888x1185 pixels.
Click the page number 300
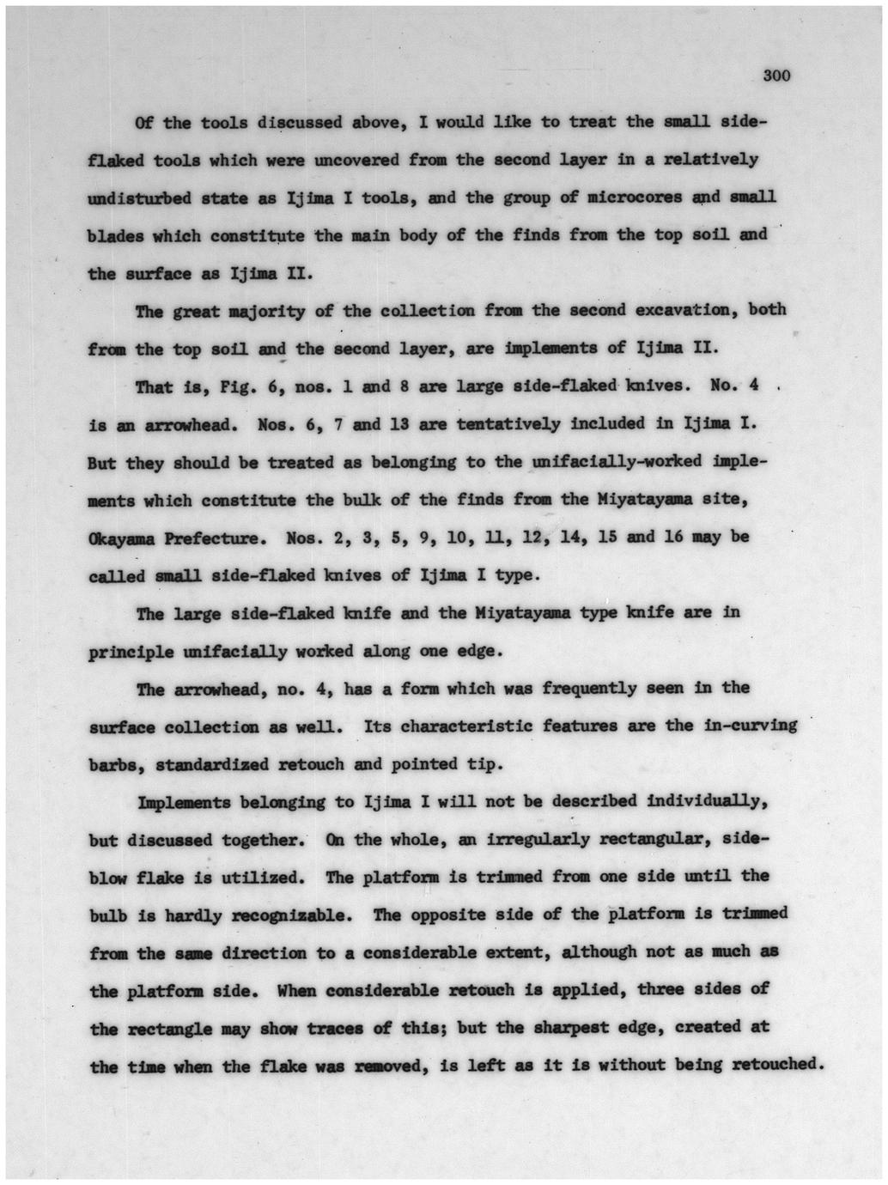[x=775, y=76]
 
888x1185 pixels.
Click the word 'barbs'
[x=116, y=764]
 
